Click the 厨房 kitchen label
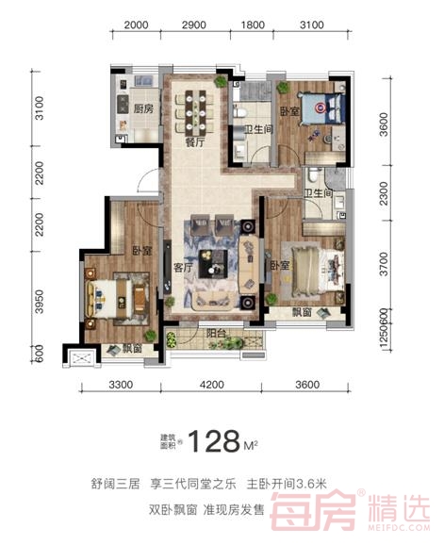coord(143,108)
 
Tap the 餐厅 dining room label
coord(195,141)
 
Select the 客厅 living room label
coord(183,268)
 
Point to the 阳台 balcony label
coord(216,334)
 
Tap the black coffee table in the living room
coord(213,263)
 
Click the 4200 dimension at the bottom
coord(212,385)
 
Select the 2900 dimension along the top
coord(194,25)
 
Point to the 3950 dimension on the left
coord(40,302)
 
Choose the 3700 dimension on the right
coord(384,264)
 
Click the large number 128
coord(214,441)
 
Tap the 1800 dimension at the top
coord(253,25)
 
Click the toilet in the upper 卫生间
coord(240,112)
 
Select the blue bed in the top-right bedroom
coord(323,107)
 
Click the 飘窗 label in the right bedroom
coord(302,312)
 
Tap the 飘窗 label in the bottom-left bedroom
coord(132,348)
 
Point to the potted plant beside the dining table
coord(221,82)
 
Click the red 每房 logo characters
coord(314,510)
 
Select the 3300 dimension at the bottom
coord(121,385)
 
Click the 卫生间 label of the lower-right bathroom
coord(319,193)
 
